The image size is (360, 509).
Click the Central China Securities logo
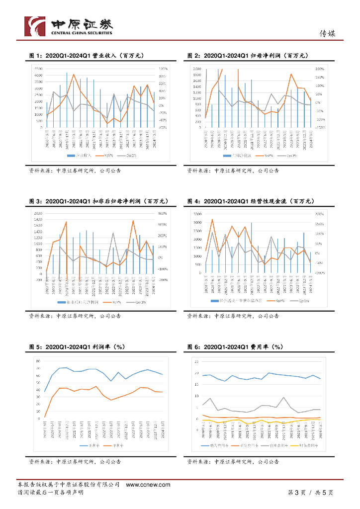[x=69, y=26]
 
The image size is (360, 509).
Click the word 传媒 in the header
[x=327, y=34]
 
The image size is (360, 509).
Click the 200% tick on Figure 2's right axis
[x=320, y=69]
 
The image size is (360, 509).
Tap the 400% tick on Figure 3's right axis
[x=163, y=214]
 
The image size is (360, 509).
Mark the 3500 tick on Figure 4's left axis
[x=196, y=214]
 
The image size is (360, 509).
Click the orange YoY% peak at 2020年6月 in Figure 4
[x=212, y=219]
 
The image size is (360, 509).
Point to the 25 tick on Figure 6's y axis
[x=197, y=361]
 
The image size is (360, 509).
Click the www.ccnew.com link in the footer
[x=148, y=485]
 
